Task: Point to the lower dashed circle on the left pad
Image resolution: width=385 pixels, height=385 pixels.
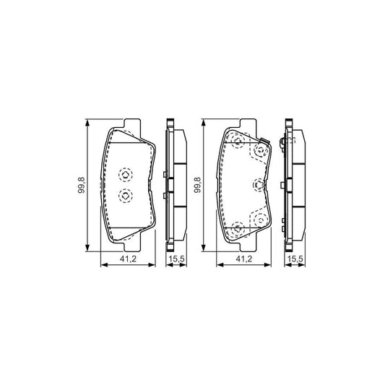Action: [x=124, y=195]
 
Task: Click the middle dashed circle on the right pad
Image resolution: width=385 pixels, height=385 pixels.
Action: [x=256, y=186]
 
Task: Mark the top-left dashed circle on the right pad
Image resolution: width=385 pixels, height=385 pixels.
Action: [x=235, y=142]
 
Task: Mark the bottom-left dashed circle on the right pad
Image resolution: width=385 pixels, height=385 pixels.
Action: [x=235, y=229]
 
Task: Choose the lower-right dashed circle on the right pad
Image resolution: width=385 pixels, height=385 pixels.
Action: [x=258, y=218]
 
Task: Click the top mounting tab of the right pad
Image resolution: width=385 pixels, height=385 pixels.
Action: [x=246, y=124]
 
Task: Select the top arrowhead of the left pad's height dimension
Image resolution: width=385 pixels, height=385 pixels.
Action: [x=88, y=123]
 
